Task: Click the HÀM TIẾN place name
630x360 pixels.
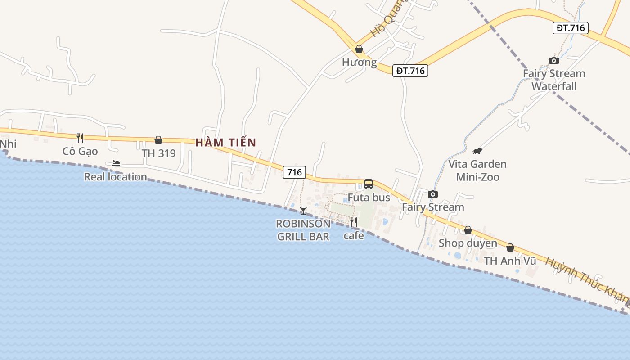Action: pyautogui.click(x=225, y=143)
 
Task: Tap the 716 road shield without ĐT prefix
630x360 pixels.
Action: pyautogui.click(x=294, y=172)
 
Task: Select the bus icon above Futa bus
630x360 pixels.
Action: pyautogui.click(x=369, y=184)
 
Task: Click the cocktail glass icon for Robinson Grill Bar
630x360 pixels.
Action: pyautogui.click(x=303, y=210)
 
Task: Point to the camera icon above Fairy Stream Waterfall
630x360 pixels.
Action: pyautogui.click(x=554, y=60)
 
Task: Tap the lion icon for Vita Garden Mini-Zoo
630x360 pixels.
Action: pyautogui.click(x=477, y=151)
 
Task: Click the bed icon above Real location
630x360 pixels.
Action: pyautogui.click(x=116, y=163)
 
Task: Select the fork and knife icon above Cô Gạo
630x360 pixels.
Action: pyautogui.click(x=80, y=138)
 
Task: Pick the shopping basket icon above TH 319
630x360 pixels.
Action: pyautogui.click(x=158, y=140)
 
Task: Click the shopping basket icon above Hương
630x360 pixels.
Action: pyautogui.click(x=359, y=49)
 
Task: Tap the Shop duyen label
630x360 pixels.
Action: pyautogui.click(x=468, y=243)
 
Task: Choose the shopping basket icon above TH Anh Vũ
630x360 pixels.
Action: pyautogui.click(x=510, y=247)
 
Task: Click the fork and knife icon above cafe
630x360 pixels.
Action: pyautogui.click(x=354, y=222)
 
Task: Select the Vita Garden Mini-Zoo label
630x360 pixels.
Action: pyautogui.click(x=477, y=171)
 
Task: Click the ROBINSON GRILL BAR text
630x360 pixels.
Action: pyautogui.click(x=303, y=230)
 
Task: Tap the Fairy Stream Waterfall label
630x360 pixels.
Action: pyautogui.click(x=554, y=80)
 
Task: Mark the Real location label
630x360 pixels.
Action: pyautogui.click(x=115, y=177)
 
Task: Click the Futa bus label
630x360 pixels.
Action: pyautogui.click(x=369, y=198)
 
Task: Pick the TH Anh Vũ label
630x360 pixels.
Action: pyautogui.click(x=510, y=261)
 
